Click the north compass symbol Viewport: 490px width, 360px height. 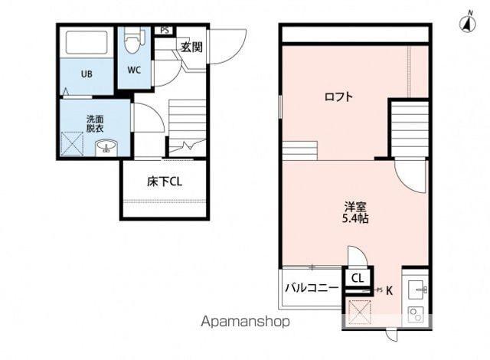[468, 22]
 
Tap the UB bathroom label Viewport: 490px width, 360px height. [87, 74]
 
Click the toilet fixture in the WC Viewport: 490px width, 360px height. [135, 41]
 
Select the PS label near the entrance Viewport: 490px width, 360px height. [165, 31]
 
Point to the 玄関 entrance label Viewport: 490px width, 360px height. [191, 47]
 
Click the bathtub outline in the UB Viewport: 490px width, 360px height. [87, 42]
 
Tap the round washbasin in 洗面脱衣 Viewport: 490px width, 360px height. [106, 147]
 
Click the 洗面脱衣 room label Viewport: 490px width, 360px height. [95, 124]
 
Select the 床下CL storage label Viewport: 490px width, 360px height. [165, 182]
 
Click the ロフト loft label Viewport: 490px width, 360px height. [338, 97]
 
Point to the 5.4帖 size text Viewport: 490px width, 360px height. [355, 218]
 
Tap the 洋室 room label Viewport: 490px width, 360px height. [355, 207]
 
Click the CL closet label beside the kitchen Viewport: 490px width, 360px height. [358, 278]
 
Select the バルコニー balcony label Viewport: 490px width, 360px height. [312, 287]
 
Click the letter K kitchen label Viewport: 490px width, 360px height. [389, 291]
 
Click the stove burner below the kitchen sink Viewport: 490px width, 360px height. [416, 314]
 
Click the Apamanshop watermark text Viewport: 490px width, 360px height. [245, 321]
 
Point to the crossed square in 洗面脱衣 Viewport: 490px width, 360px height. [72, 144]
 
